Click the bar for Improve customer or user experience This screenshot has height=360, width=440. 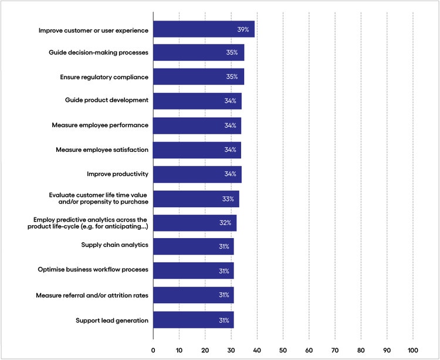[204, 29]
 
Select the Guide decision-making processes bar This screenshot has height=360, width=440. [198, 53]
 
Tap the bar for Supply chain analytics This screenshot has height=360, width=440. [193, 246]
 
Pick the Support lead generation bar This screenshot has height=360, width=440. [193, 320]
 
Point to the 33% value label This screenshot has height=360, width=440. [228, 199]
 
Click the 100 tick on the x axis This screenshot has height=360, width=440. [413, 350]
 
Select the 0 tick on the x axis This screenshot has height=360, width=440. [153, 350]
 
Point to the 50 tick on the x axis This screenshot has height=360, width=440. [283, 350]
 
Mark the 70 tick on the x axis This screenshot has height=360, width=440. [335, 350]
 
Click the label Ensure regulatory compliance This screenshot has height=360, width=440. [104, 77]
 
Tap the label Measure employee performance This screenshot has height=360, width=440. [100, 125]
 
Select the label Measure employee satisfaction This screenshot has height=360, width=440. [101, 150]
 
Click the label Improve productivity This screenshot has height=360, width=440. [117, 174]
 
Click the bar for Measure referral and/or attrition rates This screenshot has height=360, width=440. [193, 295]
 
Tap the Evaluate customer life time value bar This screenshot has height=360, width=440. [196, 199]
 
